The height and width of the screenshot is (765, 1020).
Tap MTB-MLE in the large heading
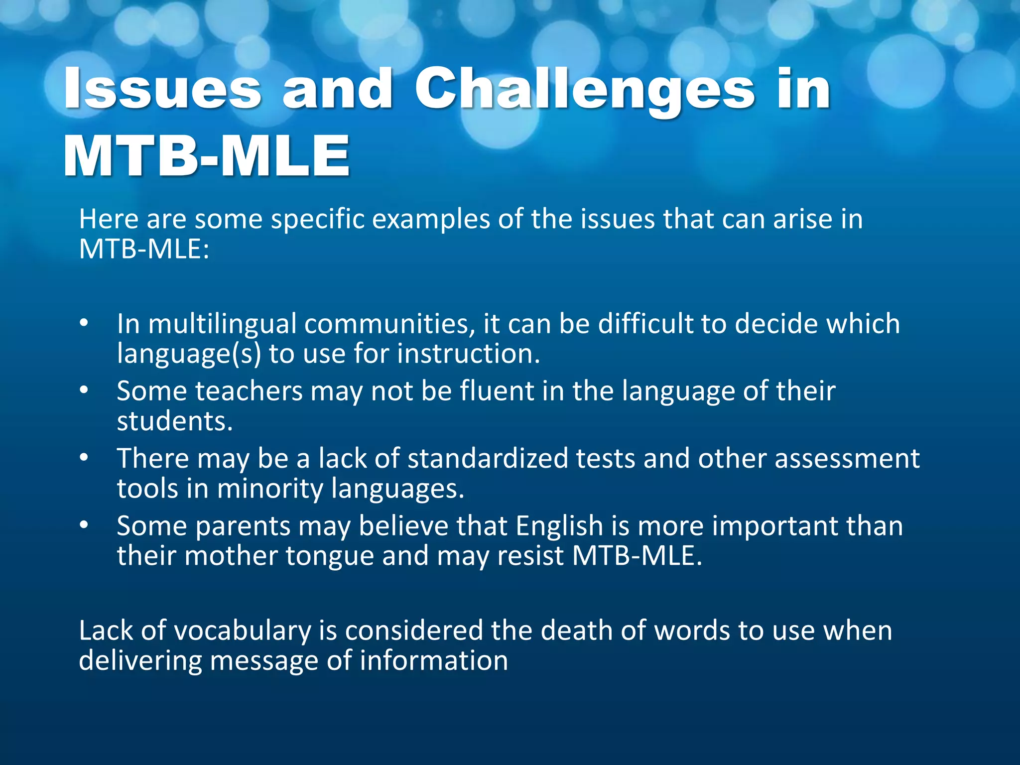[207, 156]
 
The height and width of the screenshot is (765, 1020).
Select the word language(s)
[189, 354]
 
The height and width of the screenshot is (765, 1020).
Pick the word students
[175, 421]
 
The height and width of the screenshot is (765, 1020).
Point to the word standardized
[488, 458]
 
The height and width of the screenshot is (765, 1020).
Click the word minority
[270, 489]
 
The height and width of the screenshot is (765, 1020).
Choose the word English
[559, 526]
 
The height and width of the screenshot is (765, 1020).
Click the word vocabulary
[243, 631]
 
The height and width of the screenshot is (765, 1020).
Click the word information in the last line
[433, 661]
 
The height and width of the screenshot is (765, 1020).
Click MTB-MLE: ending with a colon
[144, 249]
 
